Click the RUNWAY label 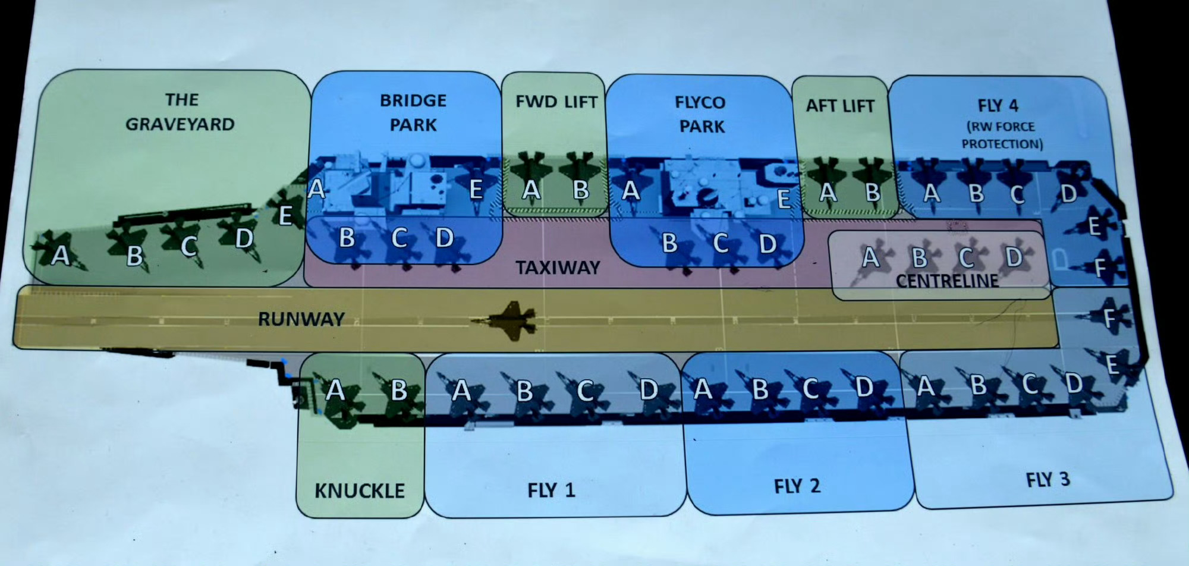tap(301, 319)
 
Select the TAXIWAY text tap(558, 268)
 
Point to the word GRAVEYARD tap(180, 124)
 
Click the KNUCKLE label tap(360, 491)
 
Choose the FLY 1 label tap(551, 490)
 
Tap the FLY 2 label tap(797, 486)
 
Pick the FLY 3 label tap(1048, 480)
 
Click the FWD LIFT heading tap(556, 102)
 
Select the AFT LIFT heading tap(840, 106)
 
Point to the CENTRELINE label tap(947, 281)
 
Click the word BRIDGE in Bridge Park tap(413, 100)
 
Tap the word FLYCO tap(700, 103)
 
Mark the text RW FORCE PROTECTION tap(1002, 136)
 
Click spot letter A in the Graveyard tap(60, 255)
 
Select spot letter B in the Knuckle tap(398, 391)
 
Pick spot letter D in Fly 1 tap(649, 390)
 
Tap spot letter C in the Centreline tap(966, 258)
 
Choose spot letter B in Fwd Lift tap(581, 190)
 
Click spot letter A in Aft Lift tap(827, 192)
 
